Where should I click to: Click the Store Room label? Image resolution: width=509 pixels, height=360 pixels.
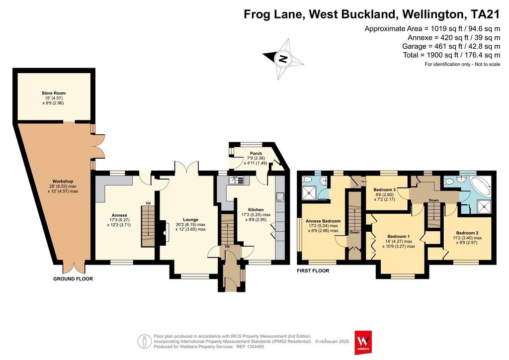click(x=54, y=93)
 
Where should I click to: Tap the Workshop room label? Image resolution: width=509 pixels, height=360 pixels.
click(x=63, y=181)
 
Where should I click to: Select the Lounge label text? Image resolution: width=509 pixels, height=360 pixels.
click(x=190, y=220)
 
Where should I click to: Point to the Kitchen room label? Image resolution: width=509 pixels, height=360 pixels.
click(x=256, y=210)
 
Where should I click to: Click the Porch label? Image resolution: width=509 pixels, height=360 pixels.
click(x=256, y=154)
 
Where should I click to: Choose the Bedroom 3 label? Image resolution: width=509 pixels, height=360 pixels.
click(x=384, y=190)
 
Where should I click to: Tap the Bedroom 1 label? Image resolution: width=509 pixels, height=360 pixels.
click(x=398, y=237)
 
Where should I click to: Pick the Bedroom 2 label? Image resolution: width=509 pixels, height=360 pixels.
click(x=467, y=233)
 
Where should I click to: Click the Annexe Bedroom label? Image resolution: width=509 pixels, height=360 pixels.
click(x=323, y=221)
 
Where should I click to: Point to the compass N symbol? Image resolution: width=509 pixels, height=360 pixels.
click(x=283, y=59)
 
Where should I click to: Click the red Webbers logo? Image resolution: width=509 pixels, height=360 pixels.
click(x=363, y=343)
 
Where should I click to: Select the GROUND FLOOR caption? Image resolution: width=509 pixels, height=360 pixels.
click(x=73, y=279)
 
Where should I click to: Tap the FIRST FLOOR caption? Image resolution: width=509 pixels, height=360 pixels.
click(x=313, y=270)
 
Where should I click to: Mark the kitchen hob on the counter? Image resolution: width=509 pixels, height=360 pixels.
click(x=280, y=197)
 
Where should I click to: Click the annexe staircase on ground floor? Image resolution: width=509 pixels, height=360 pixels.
click(x=148, y=226)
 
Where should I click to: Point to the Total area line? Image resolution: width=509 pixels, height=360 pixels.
click(x=451, y=55)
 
